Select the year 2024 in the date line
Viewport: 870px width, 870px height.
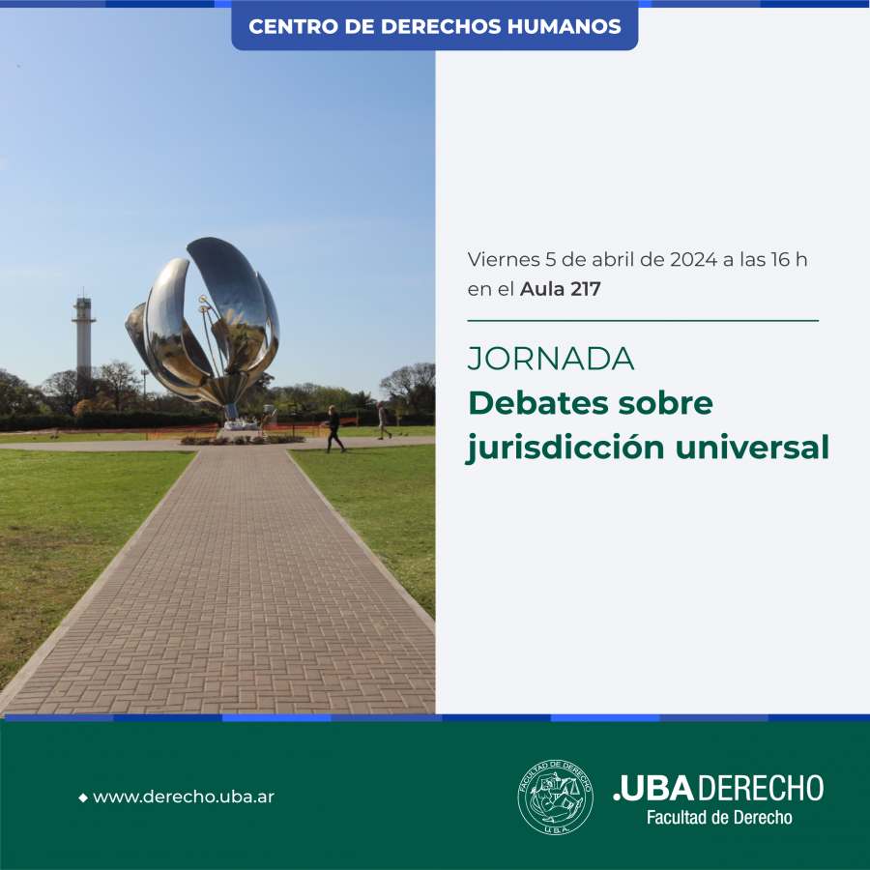693,259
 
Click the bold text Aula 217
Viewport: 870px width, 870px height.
561,288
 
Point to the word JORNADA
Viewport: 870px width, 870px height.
551,359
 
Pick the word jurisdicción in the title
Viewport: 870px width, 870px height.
565,448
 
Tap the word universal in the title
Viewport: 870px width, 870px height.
752,447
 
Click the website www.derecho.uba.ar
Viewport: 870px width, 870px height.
184,797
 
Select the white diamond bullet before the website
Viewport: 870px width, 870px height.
83,797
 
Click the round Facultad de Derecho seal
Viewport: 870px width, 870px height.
555,797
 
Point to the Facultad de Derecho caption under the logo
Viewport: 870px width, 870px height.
719,817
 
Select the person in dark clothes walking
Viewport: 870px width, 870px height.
334,429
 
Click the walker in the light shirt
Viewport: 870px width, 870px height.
384,421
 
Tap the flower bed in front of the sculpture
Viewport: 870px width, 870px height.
242,440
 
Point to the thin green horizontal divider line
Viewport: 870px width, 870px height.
643,321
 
